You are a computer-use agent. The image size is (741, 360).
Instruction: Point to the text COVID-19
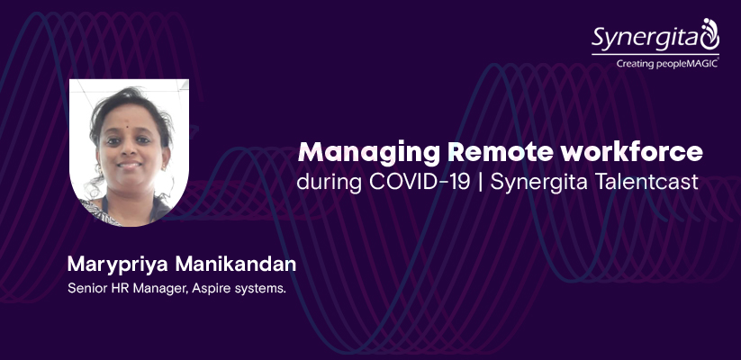pos(420,182)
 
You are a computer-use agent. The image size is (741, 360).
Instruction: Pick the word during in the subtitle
pos(330,182)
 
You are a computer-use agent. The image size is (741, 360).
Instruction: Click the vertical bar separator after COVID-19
pos(480,183)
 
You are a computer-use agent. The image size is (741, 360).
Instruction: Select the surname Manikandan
pos(235,264)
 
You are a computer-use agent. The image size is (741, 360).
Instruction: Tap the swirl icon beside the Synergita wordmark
pos(709,34)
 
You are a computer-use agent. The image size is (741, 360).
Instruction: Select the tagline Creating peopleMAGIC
pos(667,63)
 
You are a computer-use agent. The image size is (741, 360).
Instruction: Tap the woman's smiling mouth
pos(130,166)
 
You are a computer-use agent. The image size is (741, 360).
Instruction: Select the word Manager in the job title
pos(160,289)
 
